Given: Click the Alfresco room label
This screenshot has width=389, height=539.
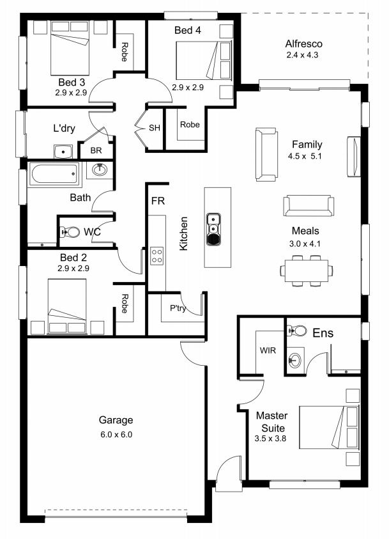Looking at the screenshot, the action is [x=304, y=44].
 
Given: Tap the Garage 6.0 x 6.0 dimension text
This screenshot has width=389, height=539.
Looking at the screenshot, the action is [x=116, y=435].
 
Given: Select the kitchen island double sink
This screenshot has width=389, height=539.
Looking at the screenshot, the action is [x=213, y=230].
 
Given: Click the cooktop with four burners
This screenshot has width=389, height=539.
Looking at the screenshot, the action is [x=157, y=256].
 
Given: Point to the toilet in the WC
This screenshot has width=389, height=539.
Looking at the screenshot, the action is [x=70, y=232].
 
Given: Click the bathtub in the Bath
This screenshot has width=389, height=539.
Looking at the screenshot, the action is [x=54, y=175].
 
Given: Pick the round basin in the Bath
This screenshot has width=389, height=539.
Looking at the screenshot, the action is [x=100, y=170].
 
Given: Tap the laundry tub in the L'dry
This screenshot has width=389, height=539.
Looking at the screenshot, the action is [x=63, y=152].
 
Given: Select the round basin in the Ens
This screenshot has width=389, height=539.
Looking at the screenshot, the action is [x=294, y=360].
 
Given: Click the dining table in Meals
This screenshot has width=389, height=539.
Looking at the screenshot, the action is [x=306, y=270].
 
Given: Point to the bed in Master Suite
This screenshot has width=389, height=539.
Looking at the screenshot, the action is [x=328, y=427].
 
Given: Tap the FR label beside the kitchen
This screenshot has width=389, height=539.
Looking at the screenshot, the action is [x=158, y=201].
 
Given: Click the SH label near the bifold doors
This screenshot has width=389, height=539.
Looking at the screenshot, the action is [x=155, y=128].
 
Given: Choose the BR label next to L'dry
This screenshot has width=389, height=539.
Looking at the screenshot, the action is [x=96, y=150].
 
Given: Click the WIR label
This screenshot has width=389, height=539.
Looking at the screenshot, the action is [x=268, y=350].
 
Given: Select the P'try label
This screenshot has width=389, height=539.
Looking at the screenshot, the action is [x=178, y=308].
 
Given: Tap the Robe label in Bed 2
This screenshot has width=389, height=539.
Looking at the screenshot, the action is [x=125, y=304].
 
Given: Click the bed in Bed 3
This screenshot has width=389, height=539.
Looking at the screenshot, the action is [x=70, y=48].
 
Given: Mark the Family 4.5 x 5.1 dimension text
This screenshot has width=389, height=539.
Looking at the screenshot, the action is [x=305, y=156].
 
